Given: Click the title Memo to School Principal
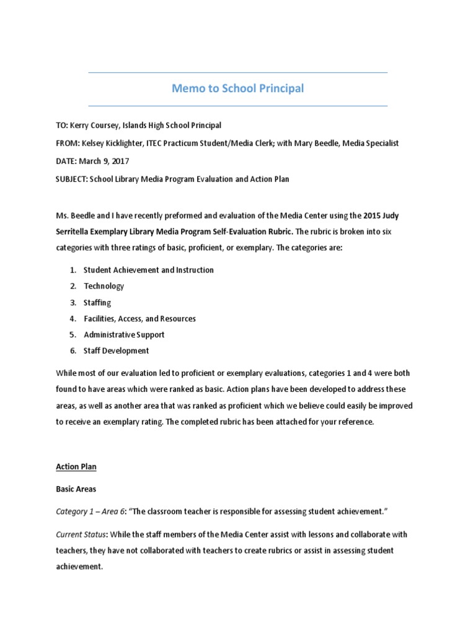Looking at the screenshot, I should pos(238,89).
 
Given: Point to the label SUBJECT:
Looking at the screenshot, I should pos(71,180).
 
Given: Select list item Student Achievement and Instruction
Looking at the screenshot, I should pos(149,270).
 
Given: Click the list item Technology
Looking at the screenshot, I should pos(104,286).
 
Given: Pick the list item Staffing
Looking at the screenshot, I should pos(97,302).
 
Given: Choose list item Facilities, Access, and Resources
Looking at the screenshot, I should pos(139,318).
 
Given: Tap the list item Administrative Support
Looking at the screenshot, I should pos(124,334).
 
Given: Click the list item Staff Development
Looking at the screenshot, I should pos(116,350).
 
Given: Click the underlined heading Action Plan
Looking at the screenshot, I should pos(76,467).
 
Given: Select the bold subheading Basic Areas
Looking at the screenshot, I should pos(76,489).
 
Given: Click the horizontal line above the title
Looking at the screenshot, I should pos(238,73).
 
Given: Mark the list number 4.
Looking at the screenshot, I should pos(73,318).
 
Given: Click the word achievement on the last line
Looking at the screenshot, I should pos(79,566).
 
